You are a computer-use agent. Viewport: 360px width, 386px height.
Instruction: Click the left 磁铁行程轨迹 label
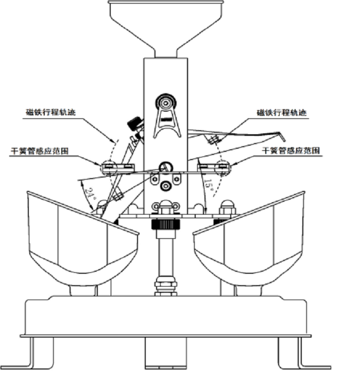click(50, 112)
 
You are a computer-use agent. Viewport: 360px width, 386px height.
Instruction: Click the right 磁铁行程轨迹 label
click(282, 113)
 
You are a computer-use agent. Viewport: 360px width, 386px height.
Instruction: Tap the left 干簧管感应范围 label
click(40, 151)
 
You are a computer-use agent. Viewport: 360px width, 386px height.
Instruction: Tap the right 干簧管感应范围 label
click(291, 150)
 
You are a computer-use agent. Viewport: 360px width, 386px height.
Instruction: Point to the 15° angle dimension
click(209, 185)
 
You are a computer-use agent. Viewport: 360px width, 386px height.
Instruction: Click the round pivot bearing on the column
click(166, 102)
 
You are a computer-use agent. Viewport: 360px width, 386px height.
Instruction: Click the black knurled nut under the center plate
click(166, 224)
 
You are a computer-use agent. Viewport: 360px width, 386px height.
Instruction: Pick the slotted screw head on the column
click(166, 168)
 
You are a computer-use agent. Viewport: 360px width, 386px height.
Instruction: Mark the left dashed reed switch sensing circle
click(109, 168)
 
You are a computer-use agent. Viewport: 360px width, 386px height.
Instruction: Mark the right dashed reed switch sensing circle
click(222, 167)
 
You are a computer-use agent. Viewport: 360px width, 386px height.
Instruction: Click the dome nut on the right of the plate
click(227, 207)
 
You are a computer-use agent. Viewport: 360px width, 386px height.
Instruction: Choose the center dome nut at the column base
click(166, 207)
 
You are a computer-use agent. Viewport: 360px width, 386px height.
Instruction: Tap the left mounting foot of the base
click(27, 354)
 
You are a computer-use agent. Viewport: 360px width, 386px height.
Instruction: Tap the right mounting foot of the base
click(304, 354)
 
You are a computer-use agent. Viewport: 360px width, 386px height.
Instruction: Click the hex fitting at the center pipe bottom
click(166, 287)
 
